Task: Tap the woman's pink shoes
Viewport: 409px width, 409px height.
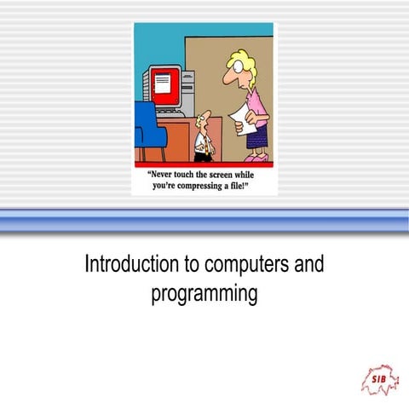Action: pyautogui.click(x=255, y=158)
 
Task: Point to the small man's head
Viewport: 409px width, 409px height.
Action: pyautogui.click(x=202, y=118)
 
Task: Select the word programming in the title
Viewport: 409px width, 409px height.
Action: pyautogui.click(x=204, y=295)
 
